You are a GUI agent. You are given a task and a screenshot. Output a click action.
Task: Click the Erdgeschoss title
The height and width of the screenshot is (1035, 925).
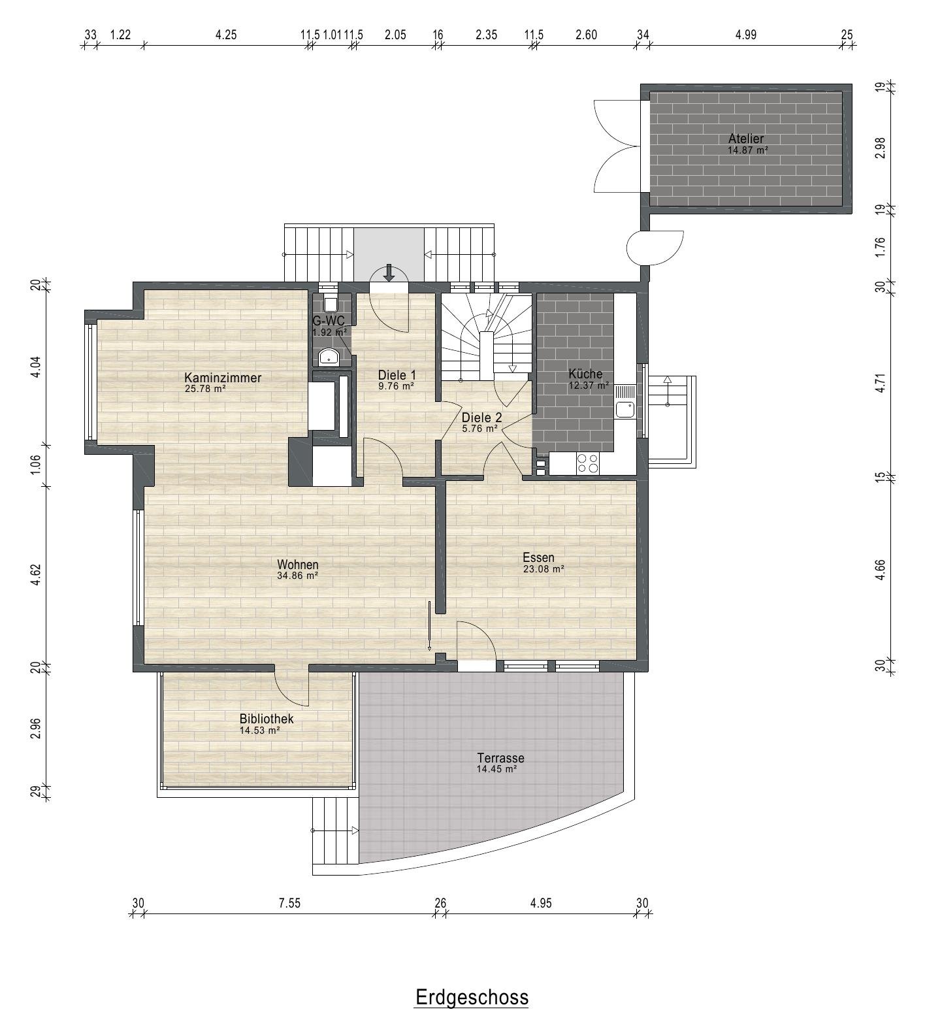point(472,998)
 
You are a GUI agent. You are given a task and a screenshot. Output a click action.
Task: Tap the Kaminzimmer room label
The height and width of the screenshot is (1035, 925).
point(223,378)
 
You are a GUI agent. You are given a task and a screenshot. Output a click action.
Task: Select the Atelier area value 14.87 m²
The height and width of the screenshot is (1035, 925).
point(747,150)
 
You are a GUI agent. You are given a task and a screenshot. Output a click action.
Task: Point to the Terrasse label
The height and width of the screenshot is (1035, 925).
point(500,758)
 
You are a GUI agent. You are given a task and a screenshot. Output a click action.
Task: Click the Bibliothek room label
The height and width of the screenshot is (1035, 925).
point(267,719)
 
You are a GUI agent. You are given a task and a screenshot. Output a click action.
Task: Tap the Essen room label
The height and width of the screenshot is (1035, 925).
point(538,557)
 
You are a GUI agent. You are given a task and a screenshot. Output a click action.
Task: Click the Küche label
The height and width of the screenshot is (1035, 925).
point(585,374)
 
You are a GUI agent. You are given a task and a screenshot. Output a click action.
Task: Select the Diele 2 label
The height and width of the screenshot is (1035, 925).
point(481,418)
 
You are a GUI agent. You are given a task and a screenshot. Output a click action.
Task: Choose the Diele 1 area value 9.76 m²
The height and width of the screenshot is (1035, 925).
point(397,386)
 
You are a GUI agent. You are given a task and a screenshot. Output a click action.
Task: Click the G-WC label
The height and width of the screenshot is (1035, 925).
point(329,320)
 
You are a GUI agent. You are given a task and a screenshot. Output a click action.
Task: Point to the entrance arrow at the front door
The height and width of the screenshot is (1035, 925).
point(389,272)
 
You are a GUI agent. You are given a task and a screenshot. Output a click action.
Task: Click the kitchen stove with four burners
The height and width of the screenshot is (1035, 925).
point(588,463)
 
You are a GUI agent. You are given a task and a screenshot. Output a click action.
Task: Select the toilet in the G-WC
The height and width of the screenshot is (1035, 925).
point(331,304)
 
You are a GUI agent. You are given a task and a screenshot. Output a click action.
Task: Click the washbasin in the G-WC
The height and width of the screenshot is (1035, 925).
point(329,357)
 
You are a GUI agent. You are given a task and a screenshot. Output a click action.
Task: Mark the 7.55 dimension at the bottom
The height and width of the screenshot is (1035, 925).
point(289,904)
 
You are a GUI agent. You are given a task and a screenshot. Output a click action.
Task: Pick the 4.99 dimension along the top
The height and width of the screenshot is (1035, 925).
point(745,35)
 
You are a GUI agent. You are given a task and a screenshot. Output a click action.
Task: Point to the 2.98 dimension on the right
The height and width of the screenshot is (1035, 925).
point(880,148)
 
